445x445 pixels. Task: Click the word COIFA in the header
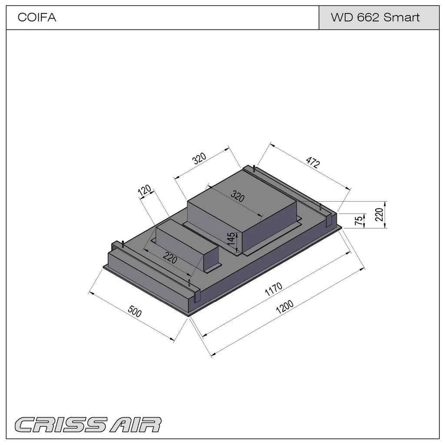(x=37, y=17)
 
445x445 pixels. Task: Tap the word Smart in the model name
(x=401, y=17)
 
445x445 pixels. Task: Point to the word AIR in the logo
(x=136, y=425)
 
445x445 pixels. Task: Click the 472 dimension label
(x=313, y=163)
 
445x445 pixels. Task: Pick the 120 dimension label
(x=145, y=191)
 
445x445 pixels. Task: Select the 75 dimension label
(x=359, y=220)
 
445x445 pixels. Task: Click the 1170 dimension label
(x=273, y=289)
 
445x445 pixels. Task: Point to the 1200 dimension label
(x=285, y=307)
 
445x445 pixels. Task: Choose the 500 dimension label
(x=135, y=311)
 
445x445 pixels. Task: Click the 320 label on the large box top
(x=238, y=196)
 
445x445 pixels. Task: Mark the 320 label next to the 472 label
(x=199, y=159)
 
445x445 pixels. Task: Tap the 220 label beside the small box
(x=170, y=258)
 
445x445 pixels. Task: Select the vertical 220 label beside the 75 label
(x=379, y=215)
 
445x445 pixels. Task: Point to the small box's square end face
(x=211, y=258)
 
